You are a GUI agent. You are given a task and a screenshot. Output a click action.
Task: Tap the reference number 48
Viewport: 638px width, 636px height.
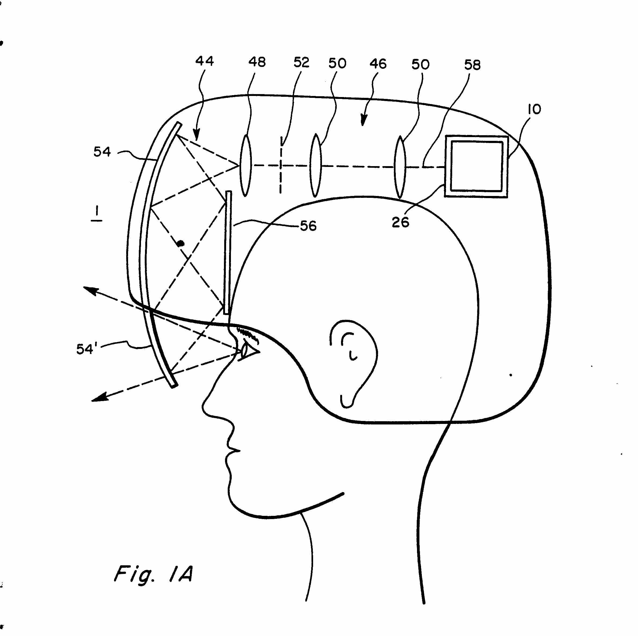[257, 62]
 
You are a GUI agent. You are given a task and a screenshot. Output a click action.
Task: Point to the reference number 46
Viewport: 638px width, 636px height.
[378, 64]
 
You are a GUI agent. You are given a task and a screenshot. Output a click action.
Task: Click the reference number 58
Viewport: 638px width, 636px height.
[472, 65]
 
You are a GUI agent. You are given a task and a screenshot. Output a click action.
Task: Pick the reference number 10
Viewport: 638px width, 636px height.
[535, 109]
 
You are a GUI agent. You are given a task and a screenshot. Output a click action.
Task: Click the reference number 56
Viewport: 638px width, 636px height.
[308, 226]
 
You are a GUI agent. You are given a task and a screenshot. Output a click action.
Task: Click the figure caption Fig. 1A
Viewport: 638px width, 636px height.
[153, 574]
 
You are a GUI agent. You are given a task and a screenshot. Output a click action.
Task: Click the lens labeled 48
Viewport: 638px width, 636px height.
[245, 165]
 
